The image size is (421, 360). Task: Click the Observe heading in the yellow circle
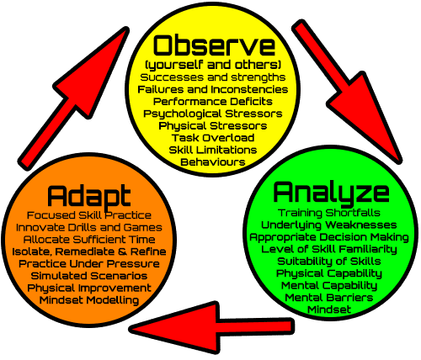(x=215, y=45)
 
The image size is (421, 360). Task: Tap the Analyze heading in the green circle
(x=331, y=193)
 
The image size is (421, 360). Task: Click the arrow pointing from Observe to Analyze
(x=348, y=92)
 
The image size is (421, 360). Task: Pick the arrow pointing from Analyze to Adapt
(x=212, y=328)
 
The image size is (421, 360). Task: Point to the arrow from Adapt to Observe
(x=73, y=98)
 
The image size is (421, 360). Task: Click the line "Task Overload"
(x=213, y=138)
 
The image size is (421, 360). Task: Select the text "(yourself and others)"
(x=213, y=66)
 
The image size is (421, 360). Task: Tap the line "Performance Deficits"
(x=213, y=102)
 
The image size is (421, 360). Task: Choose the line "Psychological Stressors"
(x=213, y=114)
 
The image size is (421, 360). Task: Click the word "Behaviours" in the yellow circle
(x=213, y=162)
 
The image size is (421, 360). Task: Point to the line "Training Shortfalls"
(x=329, y=213)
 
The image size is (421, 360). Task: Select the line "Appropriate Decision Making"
(x=329, y=238)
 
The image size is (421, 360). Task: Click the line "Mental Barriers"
(x=329, y=298)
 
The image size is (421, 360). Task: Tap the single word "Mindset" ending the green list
(x=329, y=310)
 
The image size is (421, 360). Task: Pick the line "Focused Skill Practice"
(x=89, y=215)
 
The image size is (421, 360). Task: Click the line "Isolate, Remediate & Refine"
(x=89, y=251)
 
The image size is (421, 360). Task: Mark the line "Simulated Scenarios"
(x=89, y=276)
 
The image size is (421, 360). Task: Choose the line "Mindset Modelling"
(x=89, y=300)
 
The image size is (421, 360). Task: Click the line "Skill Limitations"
(x=213, y=150)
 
